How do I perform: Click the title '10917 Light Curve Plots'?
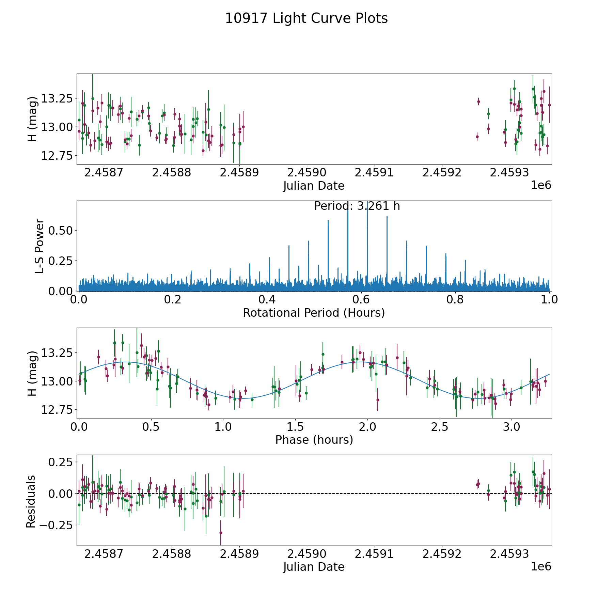(306, 18)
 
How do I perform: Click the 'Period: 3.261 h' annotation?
(357, 206)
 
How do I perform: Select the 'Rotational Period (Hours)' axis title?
(314, 313)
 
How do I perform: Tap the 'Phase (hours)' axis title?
(314, 440)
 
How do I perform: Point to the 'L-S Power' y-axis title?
(40, 246)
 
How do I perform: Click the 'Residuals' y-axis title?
(31, 501)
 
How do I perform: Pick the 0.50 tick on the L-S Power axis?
(61, 231)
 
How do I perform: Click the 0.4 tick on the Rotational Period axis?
(267, 300)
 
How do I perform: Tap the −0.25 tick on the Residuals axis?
(56, 525)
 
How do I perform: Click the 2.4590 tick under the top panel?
(306, 173)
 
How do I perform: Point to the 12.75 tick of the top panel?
(56, 156)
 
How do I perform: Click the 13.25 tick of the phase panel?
(56, 352)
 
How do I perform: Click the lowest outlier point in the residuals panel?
(221, 533)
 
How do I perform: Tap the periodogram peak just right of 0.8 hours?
(465, 261)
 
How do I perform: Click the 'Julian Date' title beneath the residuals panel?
(314, 567)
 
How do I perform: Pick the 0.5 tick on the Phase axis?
(151, 427)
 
